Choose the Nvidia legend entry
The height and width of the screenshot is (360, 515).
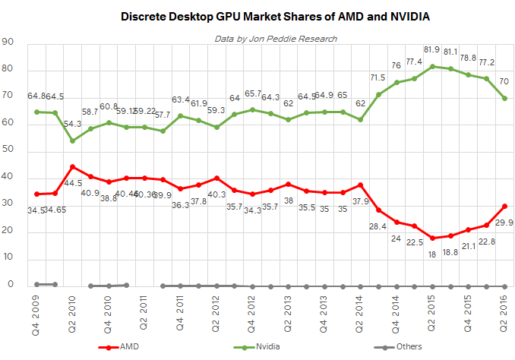click(x=261, y=346)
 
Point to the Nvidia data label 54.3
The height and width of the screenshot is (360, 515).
click(x=73, y=124)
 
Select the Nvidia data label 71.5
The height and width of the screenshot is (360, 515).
click(x=378, y=77)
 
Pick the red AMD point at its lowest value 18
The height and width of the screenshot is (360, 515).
click(x=433, y=238)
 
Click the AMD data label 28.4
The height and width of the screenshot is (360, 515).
click(x=378, y=226)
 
